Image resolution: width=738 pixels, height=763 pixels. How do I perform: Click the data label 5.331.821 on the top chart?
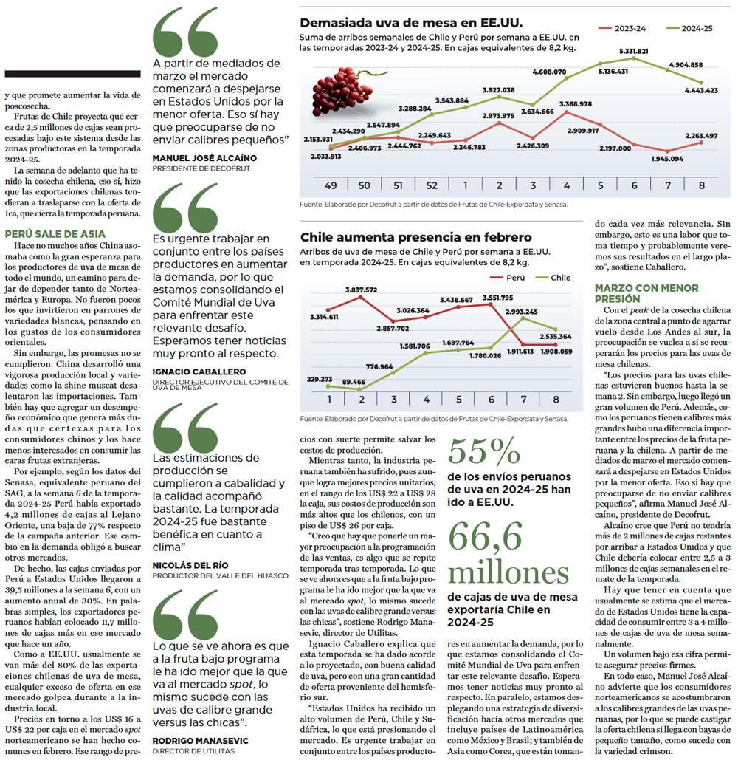pos(633,51)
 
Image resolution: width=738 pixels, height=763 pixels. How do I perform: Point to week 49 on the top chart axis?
pos(331,185)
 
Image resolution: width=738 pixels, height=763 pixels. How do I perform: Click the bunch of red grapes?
pos(340,92)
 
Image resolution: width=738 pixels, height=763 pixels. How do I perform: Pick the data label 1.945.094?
pos(667,159)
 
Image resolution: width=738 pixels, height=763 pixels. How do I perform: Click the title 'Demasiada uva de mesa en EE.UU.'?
pos(411,23)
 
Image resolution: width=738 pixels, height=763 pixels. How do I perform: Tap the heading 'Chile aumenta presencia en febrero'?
pos(416,237)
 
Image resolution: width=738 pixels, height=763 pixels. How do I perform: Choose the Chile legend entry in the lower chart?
pos(553,278)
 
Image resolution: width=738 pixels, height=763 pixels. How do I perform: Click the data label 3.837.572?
pos(361,290)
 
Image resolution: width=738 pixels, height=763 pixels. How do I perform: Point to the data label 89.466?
pos(354,381)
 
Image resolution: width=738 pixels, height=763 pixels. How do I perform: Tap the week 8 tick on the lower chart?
pos(556,400)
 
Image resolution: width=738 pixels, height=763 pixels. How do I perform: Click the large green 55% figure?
pos(484,451)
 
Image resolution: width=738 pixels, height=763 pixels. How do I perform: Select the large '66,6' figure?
pos(485,536)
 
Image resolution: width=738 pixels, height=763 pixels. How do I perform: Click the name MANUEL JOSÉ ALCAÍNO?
pos(204,158)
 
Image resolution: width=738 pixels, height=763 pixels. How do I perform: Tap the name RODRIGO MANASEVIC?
pos(200,741)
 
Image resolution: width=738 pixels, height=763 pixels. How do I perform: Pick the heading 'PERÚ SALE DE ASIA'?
pos(55,234)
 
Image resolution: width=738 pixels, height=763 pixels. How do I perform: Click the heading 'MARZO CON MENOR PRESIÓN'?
pos(646,293)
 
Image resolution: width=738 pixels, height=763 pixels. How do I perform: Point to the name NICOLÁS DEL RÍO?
pos(190,565)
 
